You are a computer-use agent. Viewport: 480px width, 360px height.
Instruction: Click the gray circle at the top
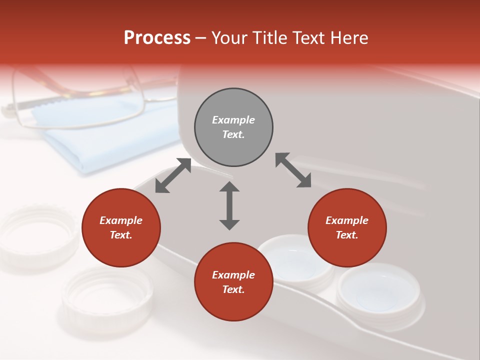(233, 127)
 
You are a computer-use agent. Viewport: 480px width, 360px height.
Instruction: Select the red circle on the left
(121, 227)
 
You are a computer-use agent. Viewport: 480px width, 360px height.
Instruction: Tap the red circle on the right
(347, 227)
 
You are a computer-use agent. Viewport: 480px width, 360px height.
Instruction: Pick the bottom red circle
(233, 282)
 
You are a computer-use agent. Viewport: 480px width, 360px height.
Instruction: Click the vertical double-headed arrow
(229, 205)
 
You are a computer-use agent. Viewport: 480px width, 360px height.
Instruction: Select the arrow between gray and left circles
(173, 175)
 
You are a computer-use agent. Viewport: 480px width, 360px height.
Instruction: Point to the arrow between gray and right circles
(293, 170)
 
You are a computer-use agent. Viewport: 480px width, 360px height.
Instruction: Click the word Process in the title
(157, 37)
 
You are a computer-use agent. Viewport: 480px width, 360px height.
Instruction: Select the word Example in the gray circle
(233, 120)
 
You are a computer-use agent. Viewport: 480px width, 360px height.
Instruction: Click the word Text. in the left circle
(121, 235)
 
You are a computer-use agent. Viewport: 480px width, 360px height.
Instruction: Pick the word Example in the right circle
(347, 220)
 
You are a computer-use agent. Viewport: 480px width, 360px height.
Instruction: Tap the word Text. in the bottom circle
(233, 289)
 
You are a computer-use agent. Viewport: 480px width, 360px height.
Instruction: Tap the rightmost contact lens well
(378, 292)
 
